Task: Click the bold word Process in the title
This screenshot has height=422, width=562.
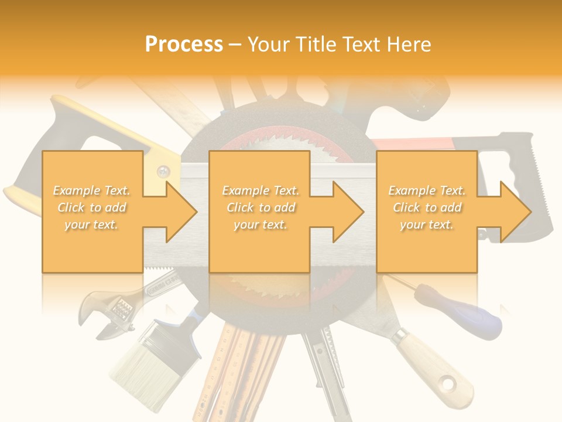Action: [184, 44]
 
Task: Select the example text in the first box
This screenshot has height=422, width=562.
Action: [91, 207]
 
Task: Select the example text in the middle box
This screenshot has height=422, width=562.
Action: [260, 207]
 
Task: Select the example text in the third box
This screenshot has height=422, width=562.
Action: [427, 207]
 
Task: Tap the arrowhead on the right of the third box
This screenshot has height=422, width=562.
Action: [515, 212]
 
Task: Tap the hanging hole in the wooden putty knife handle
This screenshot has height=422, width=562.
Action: [448, 384]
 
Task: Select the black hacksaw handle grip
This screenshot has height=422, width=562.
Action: [519, 176]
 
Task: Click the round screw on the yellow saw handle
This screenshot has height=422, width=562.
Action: [163, 172]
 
